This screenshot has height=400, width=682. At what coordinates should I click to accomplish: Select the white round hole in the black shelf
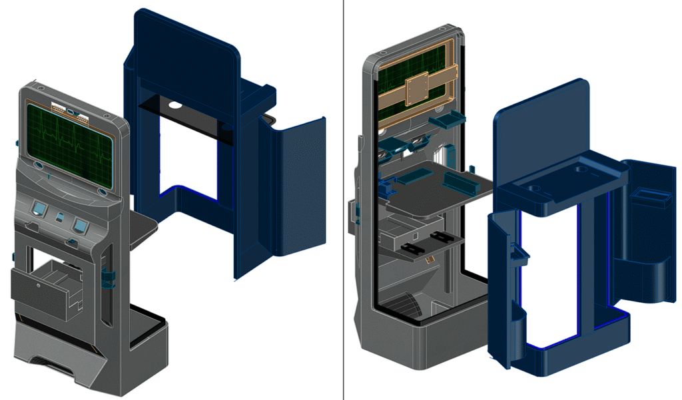175,104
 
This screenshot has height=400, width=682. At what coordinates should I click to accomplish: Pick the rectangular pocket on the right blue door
651,197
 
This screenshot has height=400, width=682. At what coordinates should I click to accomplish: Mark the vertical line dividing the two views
343,200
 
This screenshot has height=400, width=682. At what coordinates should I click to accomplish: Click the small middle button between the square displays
60,218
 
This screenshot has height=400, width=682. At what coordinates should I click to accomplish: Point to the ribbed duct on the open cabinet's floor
406,306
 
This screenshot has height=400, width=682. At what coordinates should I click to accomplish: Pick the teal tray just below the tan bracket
444,120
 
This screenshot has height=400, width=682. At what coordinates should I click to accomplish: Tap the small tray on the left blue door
518,252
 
